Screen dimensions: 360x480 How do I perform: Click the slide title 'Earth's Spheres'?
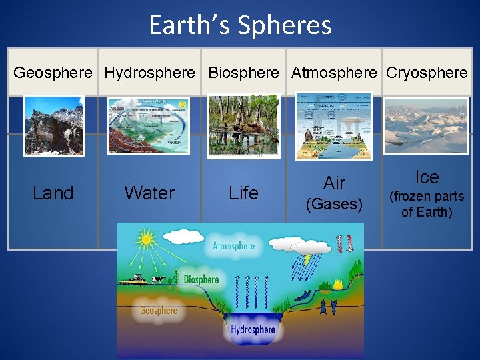point(240,25)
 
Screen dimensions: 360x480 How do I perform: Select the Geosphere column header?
point(53,73)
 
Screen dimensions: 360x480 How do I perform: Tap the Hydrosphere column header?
point(150,73)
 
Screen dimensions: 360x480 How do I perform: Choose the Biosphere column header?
point(243,73)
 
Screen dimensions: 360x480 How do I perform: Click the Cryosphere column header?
point(427,73)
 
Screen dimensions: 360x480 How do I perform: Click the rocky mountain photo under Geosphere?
point(54,125)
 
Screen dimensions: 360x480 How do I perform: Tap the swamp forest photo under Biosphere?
point(243,125)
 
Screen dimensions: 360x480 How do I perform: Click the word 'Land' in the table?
point(53,193)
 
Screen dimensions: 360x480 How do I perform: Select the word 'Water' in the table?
point(149,193)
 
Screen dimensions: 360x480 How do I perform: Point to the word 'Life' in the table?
point(243,193)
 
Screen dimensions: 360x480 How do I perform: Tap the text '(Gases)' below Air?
point(334,205)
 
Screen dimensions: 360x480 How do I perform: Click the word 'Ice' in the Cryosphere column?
point(427,177)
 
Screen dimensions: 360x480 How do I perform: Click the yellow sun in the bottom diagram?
point(145,238)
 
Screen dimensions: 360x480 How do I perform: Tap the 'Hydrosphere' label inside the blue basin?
point(253,330)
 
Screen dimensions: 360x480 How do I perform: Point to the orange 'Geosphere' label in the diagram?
point(159,310)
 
